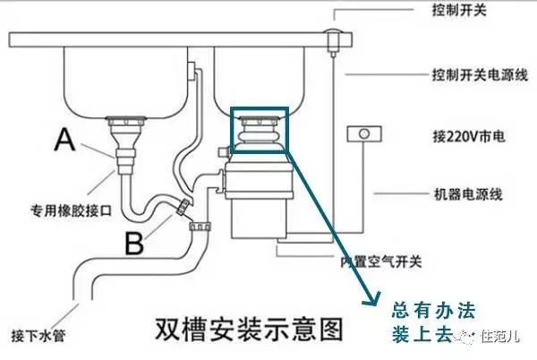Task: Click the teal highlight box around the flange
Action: point(259,129)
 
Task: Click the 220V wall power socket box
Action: point(365,133)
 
